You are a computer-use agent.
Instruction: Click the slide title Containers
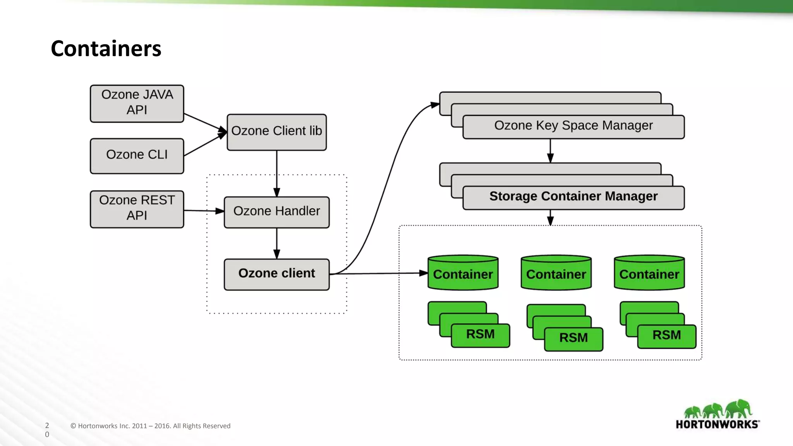(x=106, y=49)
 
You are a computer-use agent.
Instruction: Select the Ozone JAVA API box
(x=137, y=103)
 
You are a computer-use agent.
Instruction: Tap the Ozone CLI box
(x=137, y=156)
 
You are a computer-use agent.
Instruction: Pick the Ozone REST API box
(x=137, y=209)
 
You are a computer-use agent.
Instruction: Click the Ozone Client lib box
(x=276, y=132)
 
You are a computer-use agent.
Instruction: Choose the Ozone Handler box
(x=276, y=212)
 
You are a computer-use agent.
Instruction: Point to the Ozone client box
(x=276, y=274)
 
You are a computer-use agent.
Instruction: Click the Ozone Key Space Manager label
(x=573, y=126)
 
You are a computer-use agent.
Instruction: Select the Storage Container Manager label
(x=573, y=197)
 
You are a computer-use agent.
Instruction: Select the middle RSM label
(x=573, y=338)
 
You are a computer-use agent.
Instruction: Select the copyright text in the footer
(x=150, y=426)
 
